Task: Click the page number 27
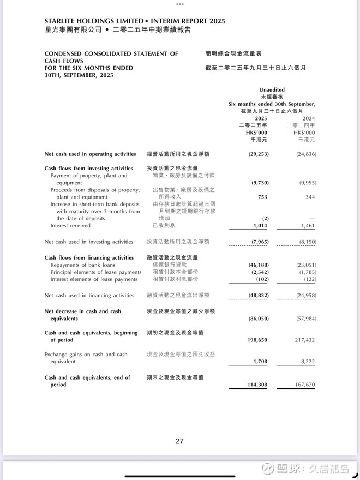tap(179, 441)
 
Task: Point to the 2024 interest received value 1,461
tap(307, 225)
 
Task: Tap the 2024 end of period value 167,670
tap(305, 385)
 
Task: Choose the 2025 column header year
tap(261, 118)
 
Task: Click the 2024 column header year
tap(308, 118)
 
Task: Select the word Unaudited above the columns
tap(272, 89)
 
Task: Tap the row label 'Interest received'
tap(70, 225)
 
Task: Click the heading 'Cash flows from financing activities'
tap(89, 257)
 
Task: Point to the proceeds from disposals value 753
tap(262, 197)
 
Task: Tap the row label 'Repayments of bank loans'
tap(82, 265)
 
